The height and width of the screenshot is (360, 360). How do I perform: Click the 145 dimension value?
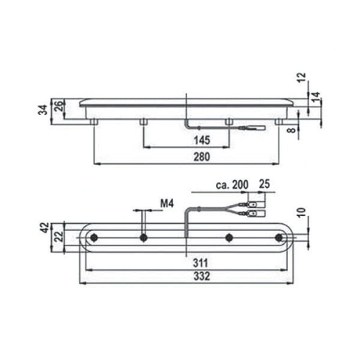[x=202, y=140]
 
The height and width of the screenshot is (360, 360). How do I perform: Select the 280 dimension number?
[x=202, y=157]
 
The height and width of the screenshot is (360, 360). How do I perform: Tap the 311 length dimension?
[x=201, y=264]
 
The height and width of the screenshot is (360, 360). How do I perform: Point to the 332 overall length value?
[x=202, y=276]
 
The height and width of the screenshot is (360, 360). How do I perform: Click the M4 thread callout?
[x=167, y=204]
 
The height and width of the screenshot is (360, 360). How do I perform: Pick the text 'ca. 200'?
[x=232, y=185]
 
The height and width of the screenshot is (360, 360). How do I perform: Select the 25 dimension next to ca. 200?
[x=264, y=184]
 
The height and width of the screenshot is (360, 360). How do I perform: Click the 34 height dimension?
[x=43, y=110]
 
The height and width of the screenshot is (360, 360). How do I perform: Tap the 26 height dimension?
[x=59, y=106]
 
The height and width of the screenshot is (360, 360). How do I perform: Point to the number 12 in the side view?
[x=302, y=77]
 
